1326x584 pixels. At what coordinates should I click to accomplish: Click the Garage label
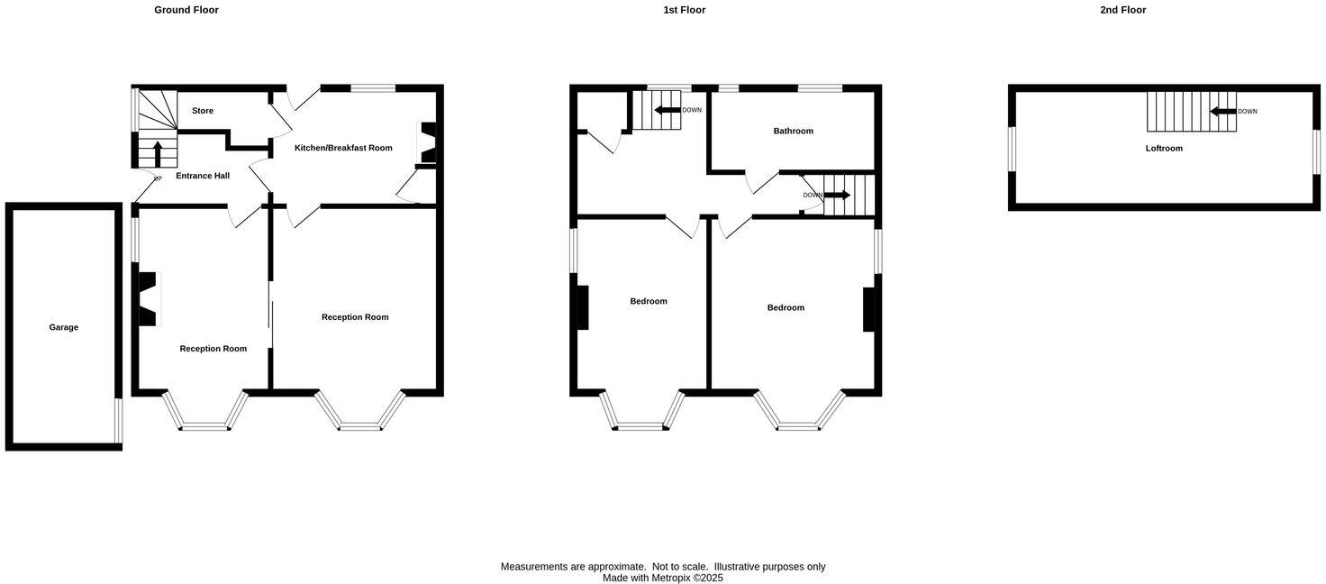click(63, 327)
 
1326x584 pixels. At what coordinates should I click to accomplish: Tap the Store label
click(203, 111)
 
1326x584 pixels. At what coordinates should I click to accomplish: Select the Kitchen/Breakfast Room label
click(343, 148)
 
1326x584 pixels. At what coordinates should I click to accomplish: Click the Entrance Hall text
click(203, 176)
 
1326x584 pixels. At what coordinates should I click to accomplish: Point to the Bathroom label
click(793, 131)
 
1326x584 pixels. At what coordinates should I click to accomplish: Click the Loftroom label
click(1164, 148)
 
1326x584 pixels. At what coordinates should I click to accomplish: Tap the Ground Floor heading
click(186, 10)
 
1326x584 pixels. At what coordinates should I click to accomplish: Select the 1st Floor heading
click(685, 10)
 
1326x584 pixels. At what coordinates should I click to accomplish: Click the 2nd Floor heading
click(1122, 10)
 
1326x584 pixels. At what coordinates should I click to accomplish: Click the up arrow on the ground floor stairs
click(159, 153)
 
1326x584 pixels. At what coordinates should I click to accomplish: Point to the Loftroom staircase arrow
click(1222, 112)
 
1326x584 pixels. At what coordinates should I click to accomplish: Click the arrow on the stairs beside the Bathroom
click(837, 195)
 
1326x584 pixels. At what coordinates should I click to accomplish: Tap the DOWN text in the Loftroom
click(1248, 112)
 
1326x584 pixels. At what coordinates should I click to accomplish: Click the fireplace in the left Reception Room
click(147, 298)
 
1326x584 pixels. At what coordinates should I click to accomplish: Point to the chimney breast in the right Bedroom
click(868, 309)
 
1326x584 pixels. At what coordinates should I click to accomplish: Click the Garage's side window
click(118, 421)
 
